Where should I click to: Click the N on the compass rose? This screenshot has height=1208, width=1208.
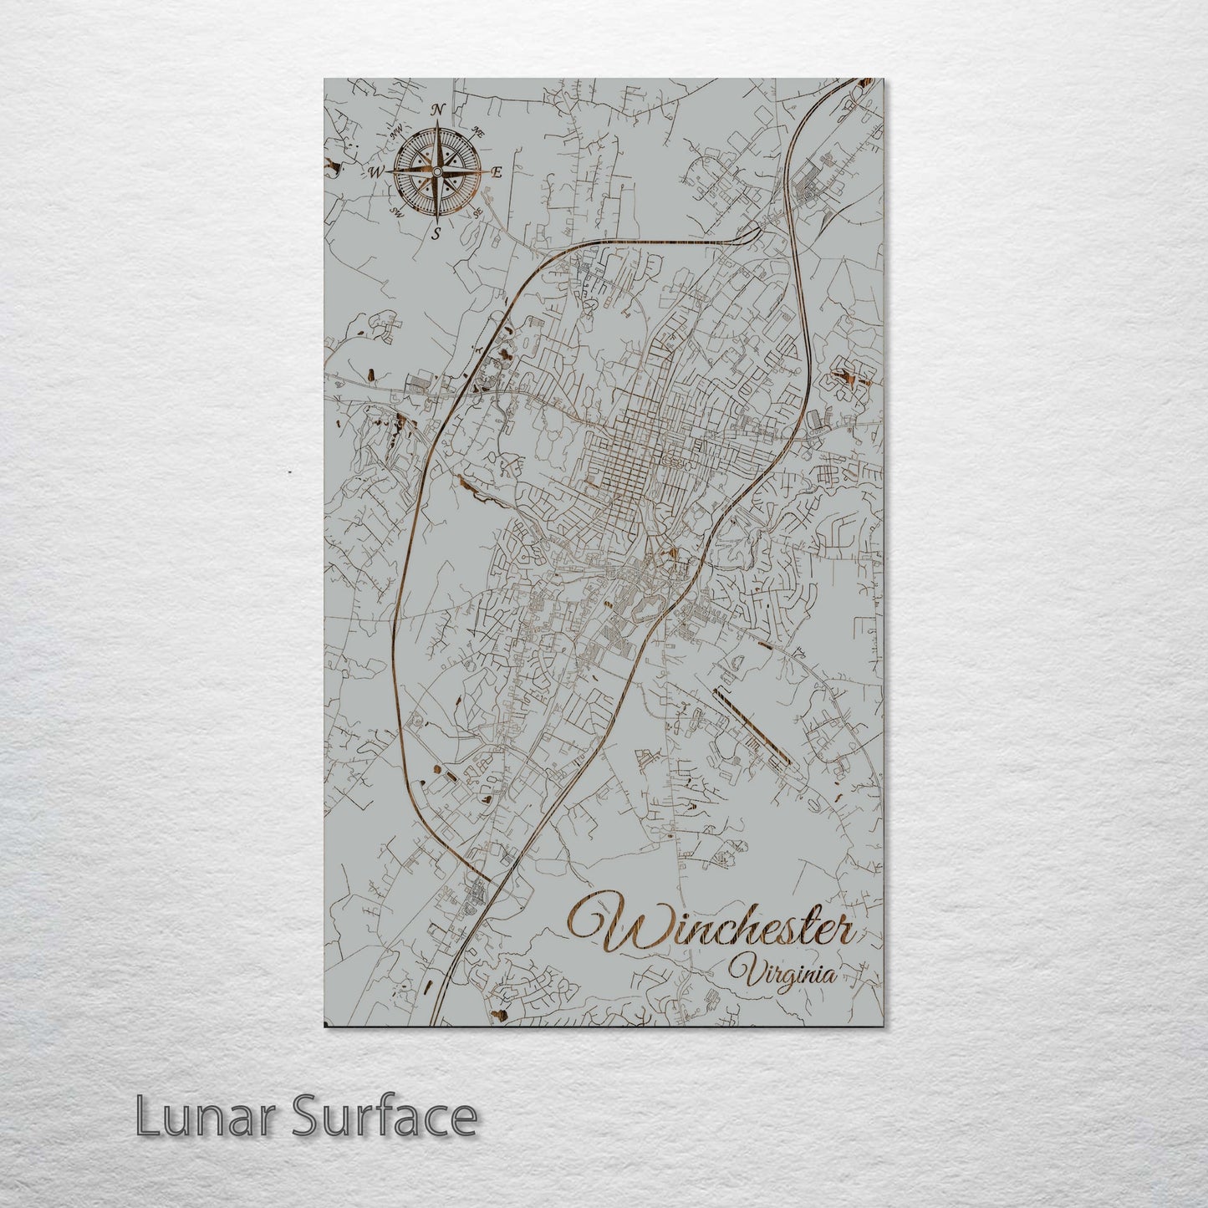[437, 110]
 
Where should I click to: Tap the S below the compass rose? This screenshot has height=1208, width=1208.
[436, 234]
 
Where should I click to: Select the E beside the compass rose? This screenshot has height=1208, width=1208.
[496, 173]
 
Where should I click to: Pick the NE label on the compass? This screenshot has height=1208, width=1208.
[478, 131]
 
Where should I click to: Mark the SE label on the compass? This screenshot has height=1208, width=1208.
[477, 212]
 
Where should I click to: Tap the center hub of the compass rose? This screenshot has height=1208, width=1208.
[436, 171]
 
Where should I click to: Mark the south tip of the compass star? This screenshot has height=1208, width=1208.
[436, 220]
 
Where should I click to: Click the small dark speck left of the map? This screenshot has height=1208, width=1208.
[288, 472]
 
